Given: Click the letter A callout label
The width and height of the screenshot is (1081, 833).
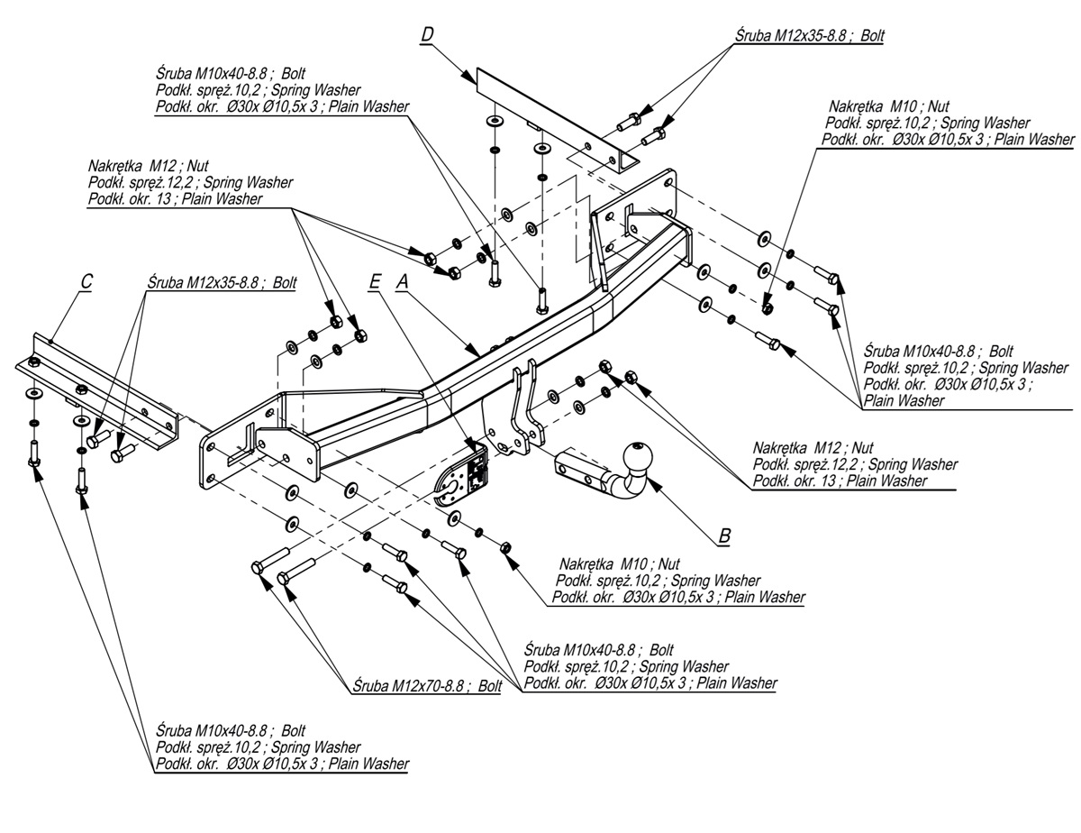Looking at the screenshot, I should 403,282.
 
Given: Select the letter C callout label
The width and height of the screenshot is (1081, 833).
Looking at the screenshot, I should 86,282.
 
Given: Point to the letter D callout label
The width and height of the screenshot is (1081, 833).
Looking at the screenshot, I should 427,35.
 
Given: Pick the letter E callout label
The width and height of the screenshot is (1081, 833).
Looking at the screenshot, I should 375,282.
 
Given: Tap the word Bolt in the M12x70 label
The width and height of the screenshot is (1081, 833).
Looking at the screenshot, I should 490,686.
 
